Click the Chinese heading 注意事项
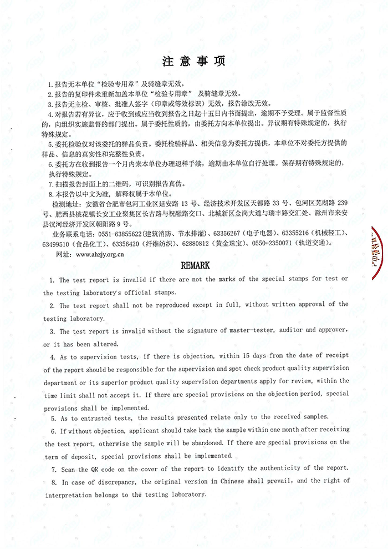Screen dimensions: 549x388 tap(193, 61)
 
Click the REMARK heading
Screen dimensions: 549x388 tap(194, 265)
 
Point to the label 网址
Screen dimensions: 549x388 tap(58, 255)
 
